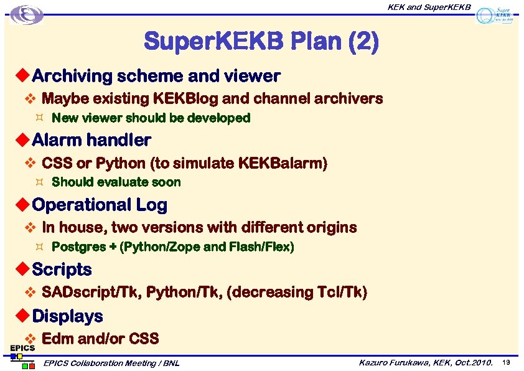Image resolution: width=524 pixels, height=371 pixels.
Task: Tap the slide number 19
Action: (x=507, y=362)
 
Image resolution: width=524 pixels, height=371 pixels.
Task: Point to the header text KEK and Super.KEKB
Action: (x=429, y=7)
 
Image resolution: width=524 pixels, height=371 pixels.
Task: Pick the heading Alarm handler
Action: (x=91, y=140)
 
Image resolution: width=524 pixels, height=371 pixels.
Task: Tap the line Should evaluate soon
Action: (x=116, y=182)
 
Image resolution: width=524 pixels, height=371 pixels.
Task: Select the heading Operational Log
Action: (x=100, y=205)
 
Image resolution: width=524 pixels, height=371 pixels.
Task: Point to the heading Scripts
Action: (x=62, y=270)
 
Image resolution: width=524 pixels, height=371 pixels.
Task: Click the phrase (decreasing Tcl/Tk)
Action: (x=297, y=292)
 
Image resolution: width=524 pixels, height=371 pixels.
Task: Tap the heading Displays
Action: (x=67, y=316)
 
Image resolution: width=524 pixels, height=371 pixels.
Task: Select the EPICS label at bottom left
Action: (x=21, y=349)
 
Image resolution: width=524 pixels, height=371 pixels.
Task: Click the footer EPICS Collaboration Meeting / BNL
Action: (x=111, y=363)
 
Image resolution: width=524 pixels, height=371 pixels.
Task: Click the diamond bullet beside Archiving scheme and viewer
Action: (x=22, y=76)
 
